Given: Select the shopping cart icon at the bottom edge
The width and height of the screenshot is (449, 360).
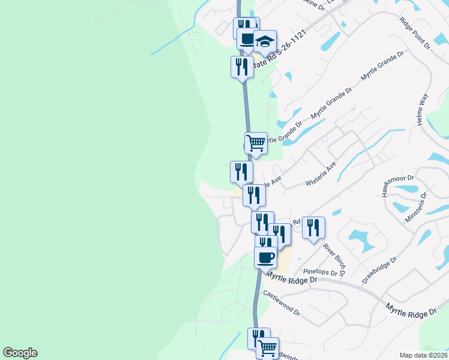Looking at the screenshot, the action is coord(267,348).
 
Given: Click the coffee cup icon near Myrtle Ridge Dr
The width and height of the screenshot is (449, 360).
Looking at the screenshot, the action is coord(266,258).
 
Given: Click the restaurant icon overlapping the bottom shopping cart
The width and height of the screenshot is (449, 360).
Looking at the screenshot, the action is coord(258,337).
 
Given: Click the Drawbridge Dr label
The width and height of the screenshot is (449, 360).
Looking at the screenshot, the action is coord(380,271).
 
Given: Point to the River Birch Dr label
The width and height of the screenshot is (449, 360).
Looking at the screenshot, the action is coord(334,259).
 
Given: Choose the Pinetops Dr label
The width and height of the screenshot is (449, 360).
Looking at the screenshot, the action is coord(321,272).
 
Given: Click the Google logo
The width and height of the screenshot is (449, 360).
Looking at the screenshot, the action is coord(20,353).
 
